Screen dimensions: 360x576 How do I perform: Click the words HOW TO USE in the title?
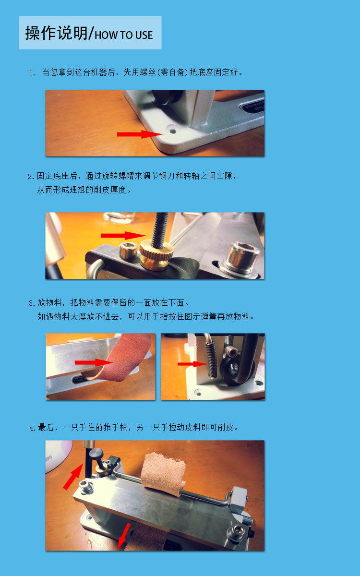click(124, 35)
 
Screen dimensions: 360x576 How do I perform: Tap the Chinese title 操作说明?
click(56, 33)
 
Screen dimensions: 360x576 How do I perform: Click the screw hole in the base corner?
click(172, 130)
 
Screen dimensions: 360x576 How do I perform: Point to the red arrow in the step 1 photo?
click(140, 134)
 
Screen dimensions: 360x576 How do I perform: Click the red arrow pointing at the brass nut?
click(123, 236)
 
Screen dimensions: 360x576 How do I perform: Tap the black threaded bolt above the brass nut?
click(160, 228)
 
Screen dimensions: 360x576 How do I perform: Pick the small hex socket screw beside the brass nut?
click(128, 251)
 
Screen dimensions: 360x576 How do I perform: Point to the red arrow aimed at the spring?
click(192, 364)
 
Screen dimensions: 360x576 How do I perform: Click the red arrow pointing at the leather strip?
click(94, 362)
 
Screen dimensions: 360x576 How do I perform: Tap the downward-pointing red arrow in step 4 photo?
click(123, 536)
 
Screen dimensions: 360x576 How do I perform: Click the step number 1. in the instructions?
click(32, 73)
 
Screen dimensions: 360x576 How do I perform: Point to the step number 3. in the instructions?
click(32, 303)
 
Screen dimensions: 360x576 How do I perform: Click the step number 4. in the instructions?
click(32, 428)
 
